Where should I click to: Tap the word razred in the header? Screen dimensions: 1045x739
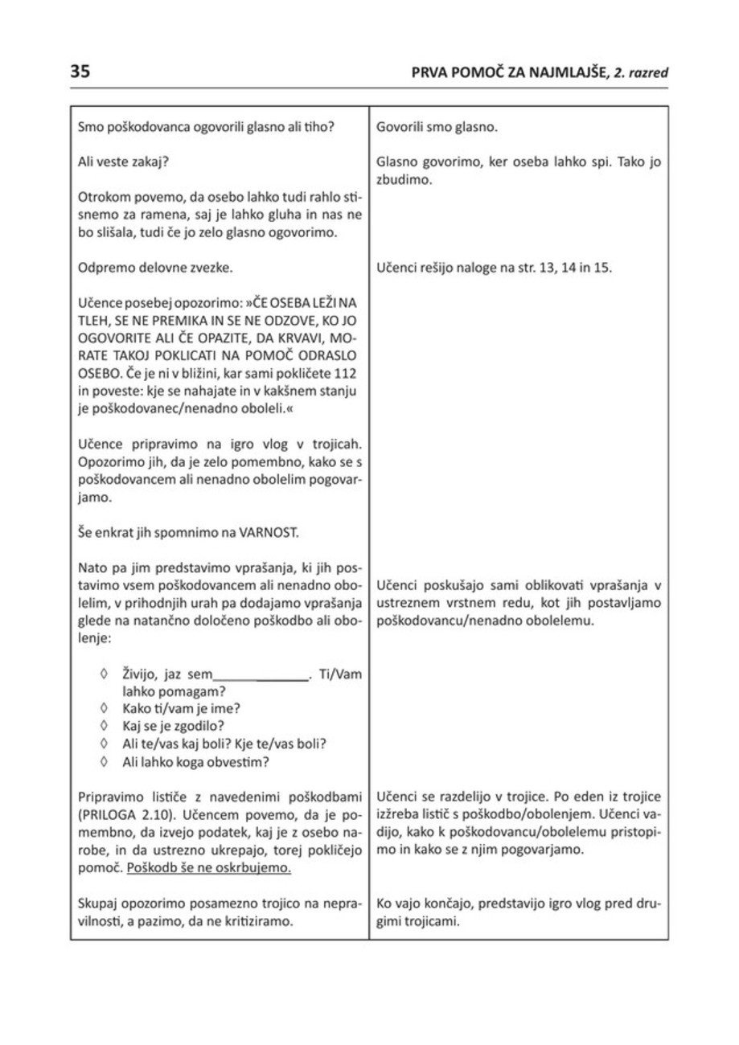[647, 73]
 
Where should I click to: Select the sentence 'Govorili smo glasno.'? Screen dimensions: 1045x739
[437, 127]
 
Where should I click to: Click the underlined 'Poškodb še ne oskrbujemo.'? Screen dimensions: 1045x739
[209, 868]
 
